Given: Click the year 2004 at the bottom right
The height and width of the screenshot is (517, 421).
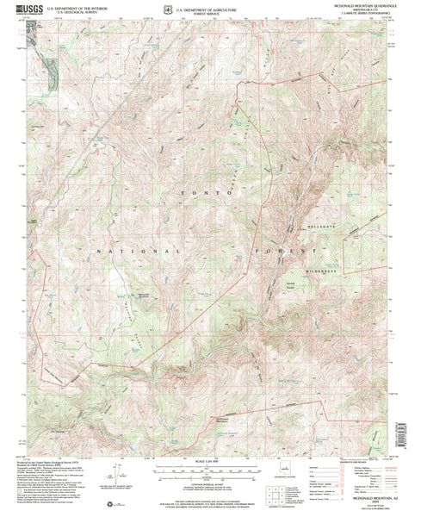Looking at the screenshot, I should (x=363, y=502).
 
